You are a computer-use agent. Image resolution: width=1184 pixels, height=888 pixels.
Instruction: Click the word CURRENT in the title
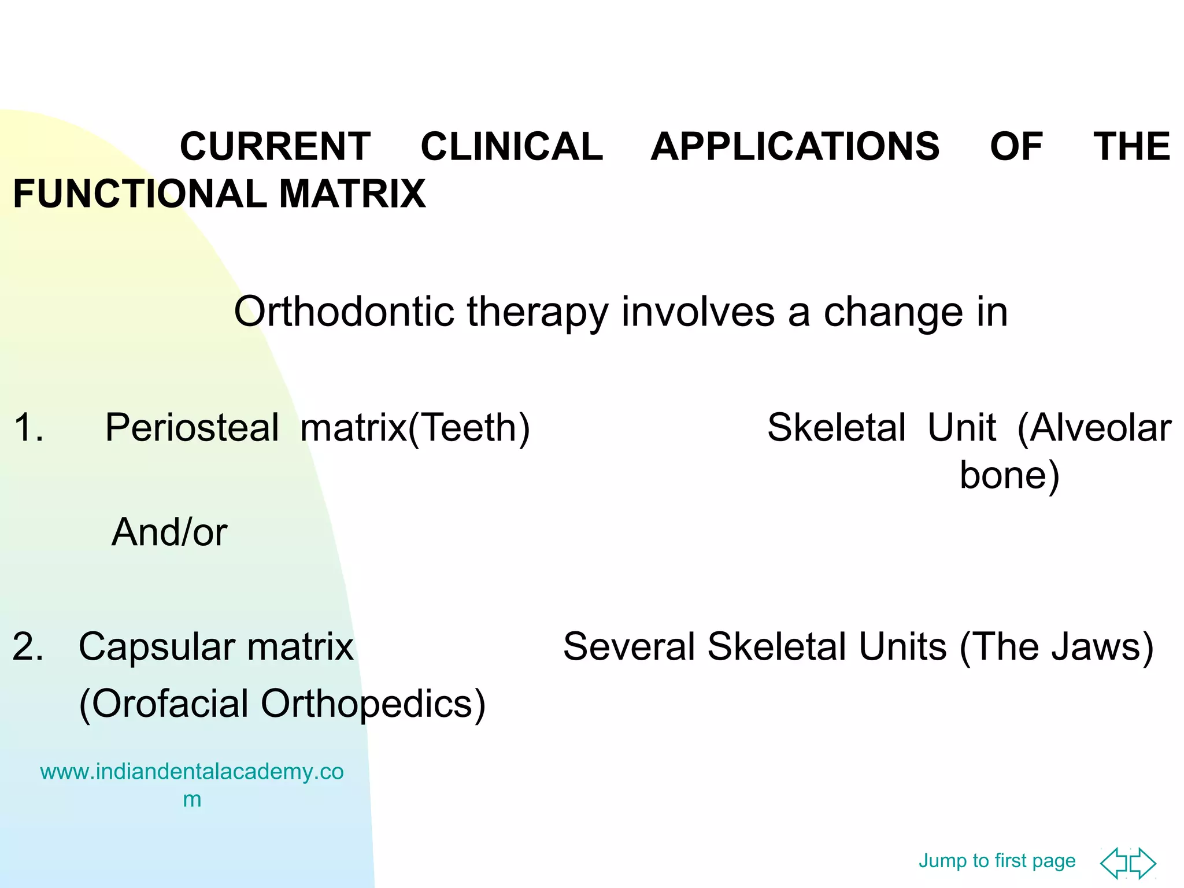(275, 146)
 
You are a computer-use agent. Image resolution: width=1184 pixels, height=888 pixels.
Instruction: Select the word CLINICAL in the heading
(512, 146)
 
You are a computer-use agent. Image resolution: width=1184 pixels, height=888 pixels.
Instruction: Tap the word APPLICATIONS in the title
(795, 146)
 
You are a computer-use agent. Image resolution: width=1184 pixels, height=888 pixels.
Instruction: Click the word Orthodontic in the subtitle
(343, 312)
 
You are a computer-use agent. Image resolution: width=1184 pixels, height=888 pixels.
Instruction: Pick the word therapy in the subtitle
(537, 312)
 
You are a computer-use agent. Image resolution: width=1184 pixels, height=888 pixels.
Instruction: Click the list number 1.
(29, 428)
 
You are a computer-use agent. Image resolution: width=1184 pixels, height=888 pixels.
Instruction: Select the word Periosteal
(192, 428)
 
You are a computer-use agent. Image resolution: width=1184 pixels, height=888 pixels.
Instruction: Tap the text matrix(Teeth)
(415, 428)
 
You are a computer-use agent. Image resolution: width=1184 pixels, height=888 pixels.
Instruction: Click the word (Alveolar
(1094, 428)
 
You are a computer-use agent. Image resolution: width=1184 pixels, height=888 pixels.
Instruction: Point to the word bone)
(1009, 475)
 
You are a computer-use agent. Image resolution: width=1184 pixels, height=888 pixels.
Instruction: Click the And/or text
(169, 532)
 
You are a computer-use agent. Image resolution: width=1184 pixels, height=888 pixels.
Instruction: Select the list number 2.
(28, 646)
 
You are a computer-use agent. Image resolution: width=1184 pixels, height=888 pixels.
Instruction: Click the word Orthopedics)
(373, 704)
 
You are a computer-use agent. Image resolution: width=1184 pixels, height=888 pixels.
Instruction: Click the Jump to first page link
(997, 861)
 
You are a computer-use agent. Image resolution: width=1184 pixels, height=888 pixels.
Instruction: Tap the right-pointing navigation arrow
(1142, 863)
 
